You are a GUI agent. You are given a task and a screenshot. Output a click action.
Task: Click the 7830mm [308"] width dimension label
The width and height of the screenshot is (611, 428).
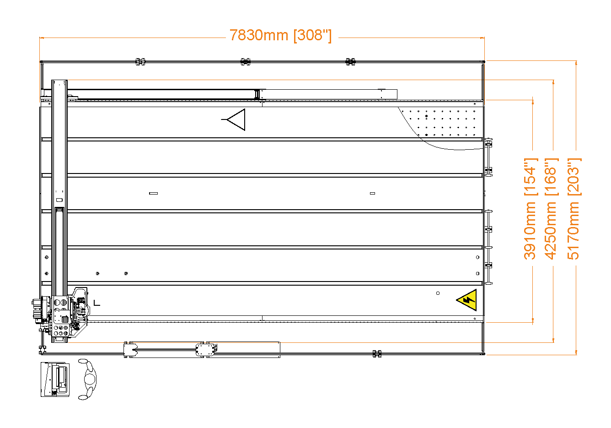tap(280, 35)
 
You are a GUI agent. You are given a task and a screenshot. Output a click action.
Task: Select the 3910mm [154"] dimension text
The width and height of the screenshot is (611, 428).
tap(530, 209)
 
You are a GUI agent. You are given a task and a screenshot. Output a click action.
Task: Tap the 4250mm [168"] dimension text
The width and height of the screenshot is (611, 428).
tap(551, 209)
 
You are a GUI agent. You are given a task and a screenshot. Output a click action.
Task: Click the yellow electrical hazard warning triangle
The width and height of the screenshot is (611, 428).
tap(467, 300)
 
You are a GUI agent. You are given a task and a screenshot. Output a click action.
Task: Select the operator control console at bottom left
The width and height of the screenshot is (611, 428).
tap(55, 379)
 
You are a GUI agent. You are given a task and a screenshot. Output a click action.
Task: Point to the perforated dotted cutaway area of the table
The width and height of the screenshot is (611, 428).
tap(441, 124)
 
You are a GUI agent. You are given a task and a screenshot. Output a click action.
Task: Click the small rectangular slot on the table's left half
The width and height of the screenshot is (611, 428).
tap(154, 193)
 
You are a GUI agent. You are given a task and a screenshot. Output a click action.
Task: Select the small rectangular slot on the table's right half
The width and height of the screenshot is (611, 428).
tap(372, 193)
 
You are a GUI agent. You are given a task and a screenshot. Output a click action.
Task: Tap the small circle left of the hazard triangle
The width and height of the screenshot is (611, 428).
tap(438, 293)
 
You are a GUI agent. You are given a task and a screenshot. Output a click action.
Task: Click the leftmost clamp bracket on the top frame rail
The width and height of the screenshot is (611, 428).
tap(140, 62)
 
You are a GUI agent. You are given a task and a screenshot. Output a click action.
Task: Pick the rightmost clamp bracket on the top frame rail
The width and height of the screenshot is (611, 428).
tap(350, 62)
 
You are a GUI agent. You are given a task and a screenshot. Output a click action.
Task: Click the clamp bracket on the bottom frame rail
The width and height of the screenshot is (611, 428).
tap(377, 353)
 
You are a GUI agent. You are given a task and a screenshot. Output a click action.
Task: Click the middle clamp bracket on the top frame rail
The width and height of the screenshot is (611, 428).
tap(246, 62)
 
